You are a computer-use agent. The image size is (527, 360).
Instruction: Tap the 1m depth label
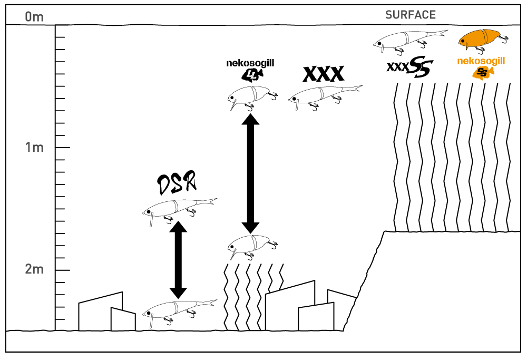tap(34, 148)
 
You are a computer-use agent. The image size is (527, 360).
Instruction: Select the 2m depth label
tap(34, 270)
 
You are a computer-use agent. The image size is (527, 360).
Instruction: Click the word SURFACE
tap(411, 15)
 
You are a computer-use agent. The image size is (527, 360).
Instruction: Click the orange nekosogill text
tap(481, 61)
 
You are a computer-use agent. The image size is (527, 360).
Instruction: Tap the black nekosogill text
tap(250, 64)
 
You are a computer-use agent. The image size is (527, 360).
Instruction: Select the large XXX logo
tap(323, 74)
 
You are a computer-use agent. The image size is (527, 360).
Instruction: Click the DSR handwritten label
tap(177, 183)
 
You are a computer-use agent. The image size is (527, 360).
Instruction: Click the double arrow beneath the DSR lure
tap(178, 259)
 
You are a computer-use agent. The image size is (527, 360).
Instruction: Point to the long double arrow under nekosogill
tap(251, 173)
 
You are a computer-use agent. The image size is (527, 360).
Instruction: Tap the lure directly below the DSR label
tap(179, 209)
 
